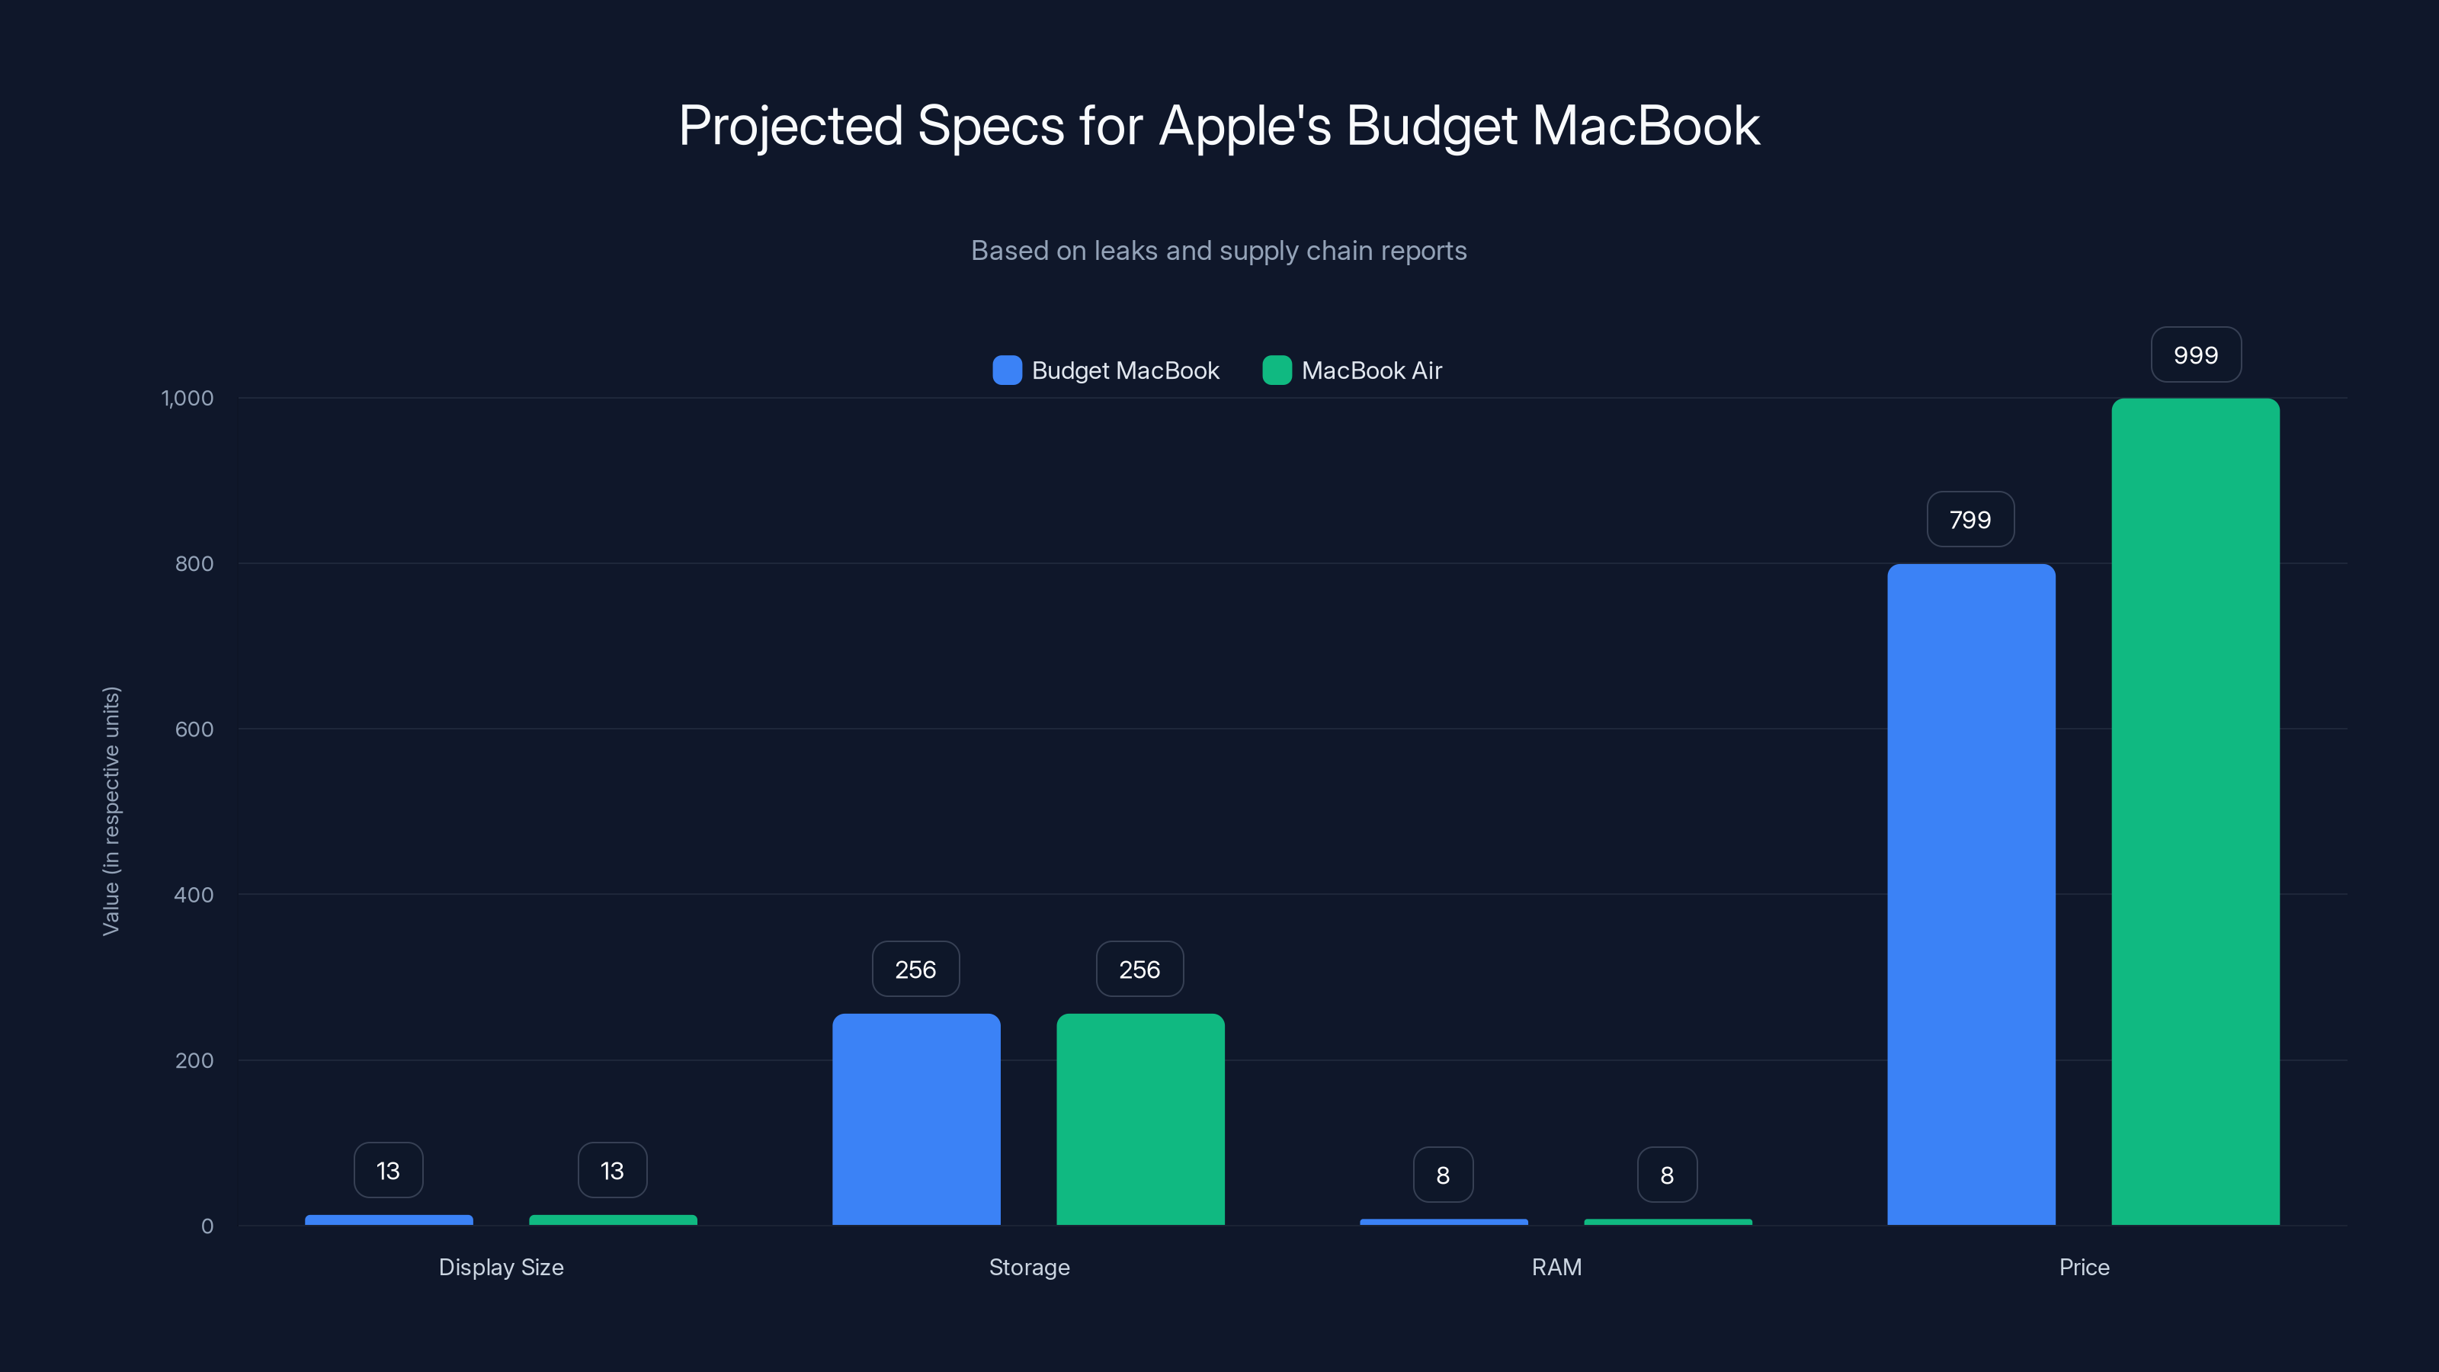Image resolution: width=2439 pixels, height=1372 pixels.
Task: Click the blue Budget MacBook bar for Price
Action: click(1970, 894)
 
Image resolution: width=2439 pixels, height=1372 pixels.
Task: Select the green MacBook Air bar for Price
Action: click(2195, 812)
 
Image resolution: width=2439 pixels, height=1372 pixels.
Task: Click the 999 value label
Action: click(2196, 355)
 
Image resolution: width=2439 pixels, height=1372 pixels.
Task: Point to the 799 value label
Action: click(1970, 520)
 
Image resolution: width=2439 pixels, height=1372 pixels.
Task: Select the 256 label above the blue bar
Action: click(915, 970)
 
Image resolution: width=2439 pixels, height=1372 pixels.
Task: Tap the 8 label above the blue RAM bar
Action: click(1443, 1175)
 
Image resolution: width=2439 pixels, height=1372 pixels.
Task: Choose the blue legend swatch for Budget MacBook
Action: click(1006, 370)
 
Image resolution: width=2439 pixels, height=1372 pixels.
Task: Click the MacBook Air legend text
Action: click(1371, 370)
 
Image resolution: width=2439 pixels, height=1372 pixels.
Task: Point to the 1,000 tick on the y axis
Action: click(187, 398)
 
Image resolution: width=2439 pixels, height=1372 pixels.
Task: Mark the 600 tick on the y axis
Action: click(194, 729)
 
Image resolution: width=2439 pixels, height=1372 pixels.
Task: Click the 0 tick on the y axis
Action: click(207, 1226)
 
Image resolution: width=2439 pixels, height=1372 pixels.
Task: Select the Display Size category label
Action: click(501, 1267)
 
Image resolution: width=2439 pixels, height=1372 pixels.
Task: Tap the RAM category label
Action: click(1556, 1267)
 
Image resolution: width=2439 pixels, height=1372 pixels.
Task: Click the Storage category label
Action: click(1029, 1267)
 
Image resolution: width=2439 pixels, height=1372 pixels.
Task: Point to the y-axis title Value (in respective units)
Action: click(111, 812)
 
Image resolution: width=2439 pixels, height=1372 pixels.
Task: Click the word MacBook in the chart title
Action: click(1646, 126)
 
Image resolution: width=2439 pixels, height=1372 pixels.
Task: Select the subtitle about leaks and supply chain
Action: click(1219, 251)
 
